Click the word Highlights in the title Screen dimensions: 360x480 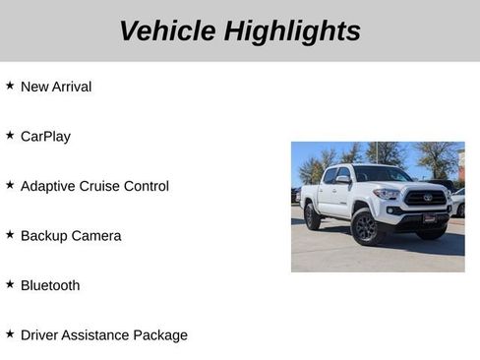(x=292, y=31)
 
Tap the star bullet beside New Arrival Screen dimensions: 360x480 (x=10, y=86)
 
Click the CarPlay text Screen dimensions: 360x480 (x=45, y=137)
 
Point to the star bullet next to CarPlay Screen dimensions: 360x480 (x=10, y=135)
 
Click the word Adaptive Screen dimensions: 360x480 (x=49, y=186)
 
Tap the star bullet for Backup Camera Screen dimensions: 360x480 (x=10, y=234)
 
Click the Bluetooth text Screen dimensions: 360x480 (x=50, y=285)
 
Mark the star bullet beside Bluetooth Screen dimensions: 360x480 (x=10, y=284)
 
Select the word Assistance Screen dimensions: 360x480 (x=99, y=335)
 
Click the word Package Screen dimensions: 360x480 (x=161, y=335)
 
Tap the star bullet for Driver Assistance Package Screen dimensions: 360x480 (x=10, y=333)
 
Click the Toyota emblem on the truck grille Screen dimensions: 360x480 (x=428, y=198)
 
